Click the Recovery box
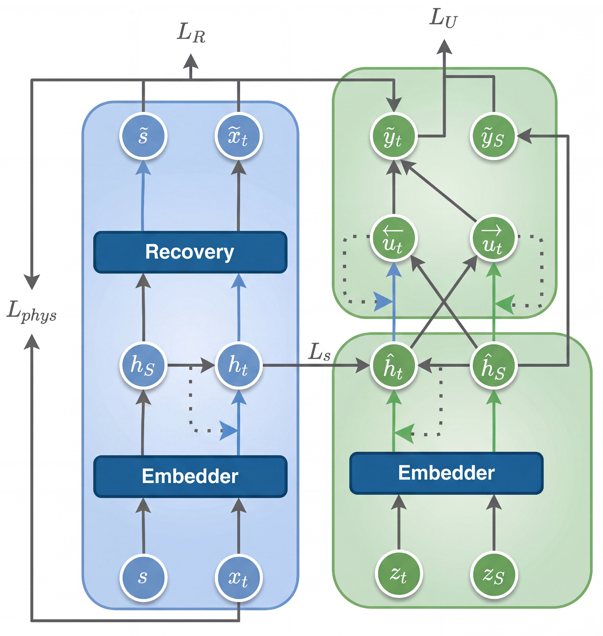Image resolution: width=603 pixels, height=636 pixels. click(x=190, y=252)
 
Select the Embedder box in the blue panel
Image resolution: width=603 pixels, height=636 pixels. click(x=190, y=476)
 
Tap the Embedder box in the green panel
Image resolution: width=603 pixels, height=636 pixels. click(x=447, y=473)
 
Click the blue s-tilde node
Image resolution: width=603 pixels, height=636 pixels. click(x=143, y=136)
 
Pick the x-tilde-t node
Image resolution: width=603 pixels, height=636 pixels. click(x=239, y=136)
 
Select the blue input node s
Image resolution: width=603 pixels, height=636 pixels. click(x=143, y=577)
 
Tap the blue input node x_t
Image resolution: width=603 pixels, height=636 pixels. click(x=239, y=577)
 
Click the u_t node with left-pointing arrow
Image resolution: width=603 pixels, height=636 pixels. click(x=394, y=238)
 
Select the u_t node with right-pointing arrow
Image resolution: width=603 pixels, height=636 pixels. click(x=494, y=238)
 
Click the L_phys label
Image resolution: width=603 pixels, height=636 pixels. click(x=32, y=311)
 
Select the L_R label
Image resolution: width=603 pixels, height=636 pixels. click(x=191, y=33)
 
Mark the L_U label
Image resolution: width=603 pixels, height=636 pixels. click(x=444, y=18)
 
